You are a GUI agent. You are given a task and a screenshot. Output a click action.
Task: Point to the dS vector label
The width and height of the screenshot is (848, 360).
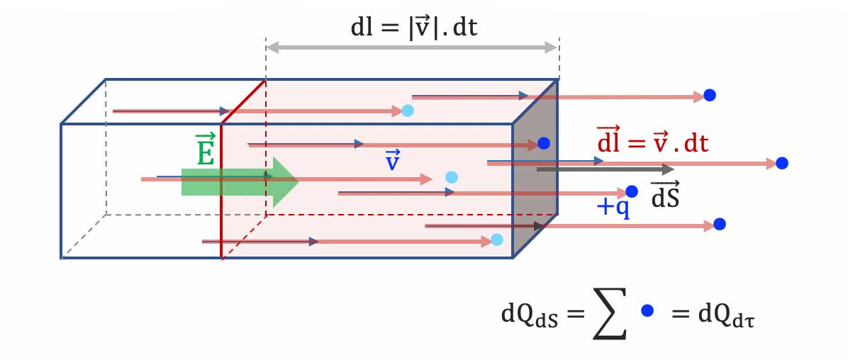point(665,195)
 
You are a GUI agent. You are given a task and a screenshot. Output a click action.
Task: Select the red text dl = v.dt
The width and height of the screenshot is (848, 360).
point(652,144)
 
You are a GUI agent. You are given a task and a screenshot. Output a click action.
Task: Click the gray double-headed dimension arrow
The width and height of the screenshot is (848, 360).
point(412,47)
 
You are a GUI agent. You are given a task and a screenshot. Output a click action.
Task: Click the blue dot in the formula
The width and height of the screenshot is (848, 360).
point(647,310)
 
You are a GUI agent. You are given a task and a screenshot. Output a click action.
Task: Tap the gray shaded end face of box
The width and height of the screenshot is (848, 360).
point(536,184)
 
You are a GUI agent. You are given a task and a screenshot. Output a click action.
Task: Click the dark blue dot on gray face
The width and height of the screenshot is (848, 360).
point(543,143)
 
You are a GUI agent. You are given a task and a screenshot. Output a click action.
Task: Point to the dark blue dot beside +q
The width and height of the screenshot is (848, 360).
point(632,191)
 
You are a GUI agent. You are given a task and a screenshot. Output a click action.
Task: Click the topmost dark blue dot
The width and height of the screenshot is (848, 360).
point(708,95)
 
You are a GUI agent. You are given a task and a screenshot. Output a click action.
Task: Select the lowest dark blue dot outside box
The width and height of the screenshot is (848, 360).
point(719,224)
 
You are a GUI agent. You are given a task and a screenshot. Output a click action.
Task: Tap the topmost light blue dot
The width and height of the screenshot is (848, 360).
point(408,111)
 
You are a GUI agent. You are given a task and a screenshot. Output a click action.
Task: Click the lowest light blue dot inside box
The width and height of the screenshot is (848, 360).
point(497,240)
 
